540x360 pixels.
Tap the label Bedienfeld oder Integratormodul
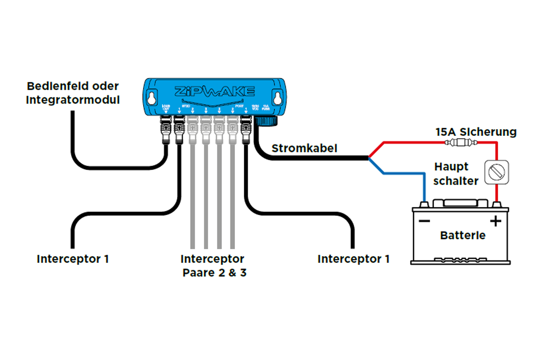[x=73, y=93]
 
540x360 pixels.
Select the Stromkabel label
[x=304, y=148]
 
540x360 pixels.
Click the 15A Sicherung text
[x=476, y=132]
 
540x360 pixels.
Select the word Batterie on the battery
[x=463, y=235]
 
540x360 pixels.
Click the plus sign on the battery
[x=495, y=221]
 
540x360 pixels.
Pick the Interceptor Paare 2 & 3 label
[x=213, y=265]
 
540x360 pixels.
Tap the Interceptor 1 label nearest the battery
[x=353, y=259]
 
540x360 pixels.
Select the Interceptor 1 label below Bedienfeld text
[x=72, y=259]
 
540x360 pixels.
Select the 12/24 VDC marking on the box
[x=256, y=108]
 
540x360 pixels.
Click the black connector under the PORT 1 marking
[x=246, y=128]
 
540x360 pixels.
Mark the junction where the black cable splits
[x=368, y=158]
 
